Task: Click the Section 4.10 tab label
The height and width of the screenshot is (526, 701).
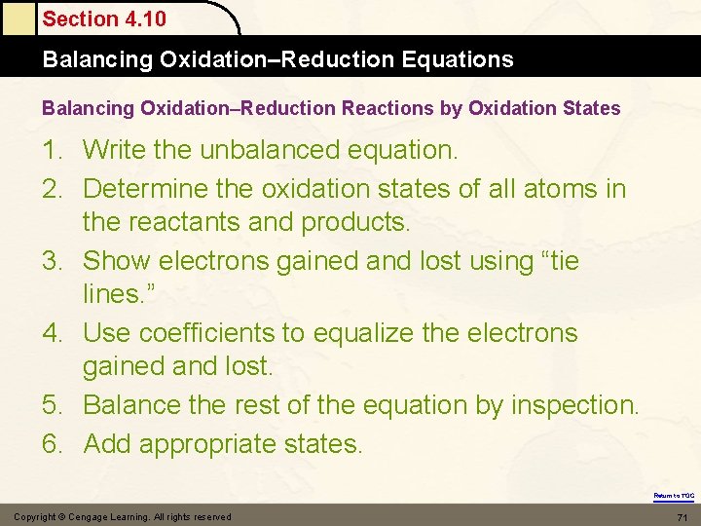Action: tap(104, 19)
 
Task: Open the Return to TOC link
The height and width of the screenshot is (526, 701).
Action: tap(674, 496)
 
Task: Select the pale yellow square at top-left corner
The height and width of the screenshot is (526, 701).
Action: tap(17, 18)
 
